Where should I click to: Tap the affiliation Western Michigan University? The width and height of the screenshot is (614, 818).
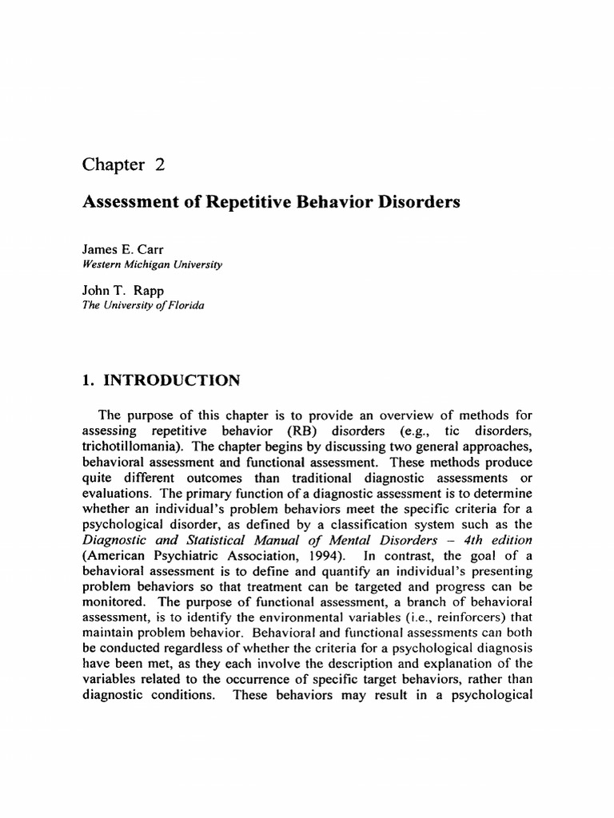153,264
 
